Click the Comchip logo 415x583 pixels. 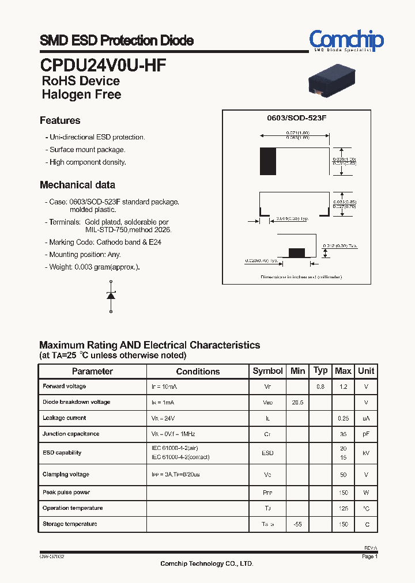pos(346,41)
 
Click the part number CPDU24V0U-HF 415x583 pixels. pos(104,64)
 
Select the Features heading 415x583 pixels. pos(60,120)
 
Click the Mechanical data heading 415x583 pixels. pos(77,185)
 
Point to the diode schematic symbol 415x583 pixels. pos(111,296)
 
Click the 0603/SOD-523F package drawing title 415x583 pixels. pos(296,118)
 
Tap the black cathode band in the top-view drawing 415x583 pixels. pos(268,161)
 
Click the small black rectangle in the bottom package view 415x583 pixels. pos(296,252)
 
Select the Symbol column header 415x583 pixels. pos(267,371)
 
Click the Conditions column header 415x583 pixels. pos(198,372)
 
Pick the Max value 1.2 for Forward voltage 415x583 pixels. pos(343,387)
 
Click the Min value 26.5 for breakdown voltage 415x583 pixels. pos(297,403)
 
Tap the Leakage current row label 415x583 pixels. pos(65,418)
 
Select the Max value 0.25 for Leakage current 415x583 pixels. pos(343,418)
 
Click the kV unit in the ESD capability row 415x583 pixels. pos(365,453)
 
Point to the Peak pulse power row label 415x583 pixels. pos(66,493)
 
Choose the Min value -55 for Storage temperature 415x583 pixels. pos(297,525)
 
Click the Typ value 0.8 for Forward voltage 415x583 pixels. pos(320,387)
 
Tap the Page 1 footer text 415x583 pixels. pos(369,557)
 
